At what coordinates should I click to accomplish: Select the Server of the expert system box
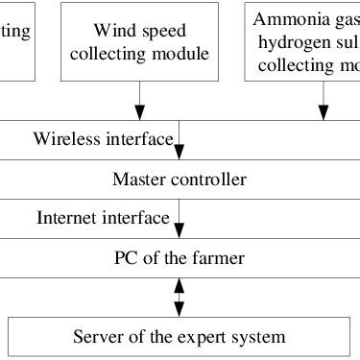coord(179,336)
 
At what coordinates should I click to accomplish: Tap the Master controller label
coord(180,180)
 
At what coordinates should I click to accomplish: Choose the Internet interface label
coord(103,216)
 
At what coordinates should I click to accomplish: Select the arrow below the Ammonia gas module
coord(324,100)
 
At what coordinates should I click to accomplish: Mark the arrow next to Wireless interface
coord(180,143)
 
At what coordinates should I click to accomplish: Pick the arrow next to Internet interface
coord(180,222)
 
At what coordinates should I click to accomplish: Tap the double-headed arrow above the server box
coord(180,296)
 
